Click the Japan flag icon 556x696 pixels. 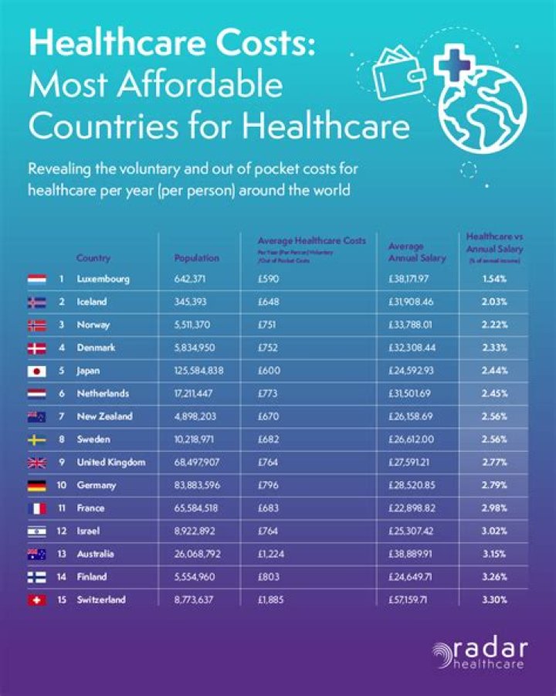tap(37, 371)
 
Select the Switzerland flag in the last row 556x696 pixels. tap(37, 600)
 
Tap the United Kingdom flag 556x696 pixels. tap(37, 463)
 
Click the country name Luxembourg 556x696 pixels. tap(103, 279)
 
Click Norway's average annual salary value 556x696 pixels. tap(413, 325)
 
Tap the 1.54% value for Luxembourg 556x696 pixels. tap(493, 279)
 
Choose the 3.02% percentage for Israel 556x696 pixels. tap(493, 531)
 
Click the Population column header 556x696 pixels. tap(196, 258)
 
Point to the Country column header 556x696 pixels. tap(93, 258)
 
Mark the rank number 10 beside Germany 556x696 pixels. tap(63, 486)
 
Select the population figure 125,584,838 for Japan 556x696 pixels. tap(199, 371)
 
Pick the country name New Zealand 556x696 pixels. tap(104, 417)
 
